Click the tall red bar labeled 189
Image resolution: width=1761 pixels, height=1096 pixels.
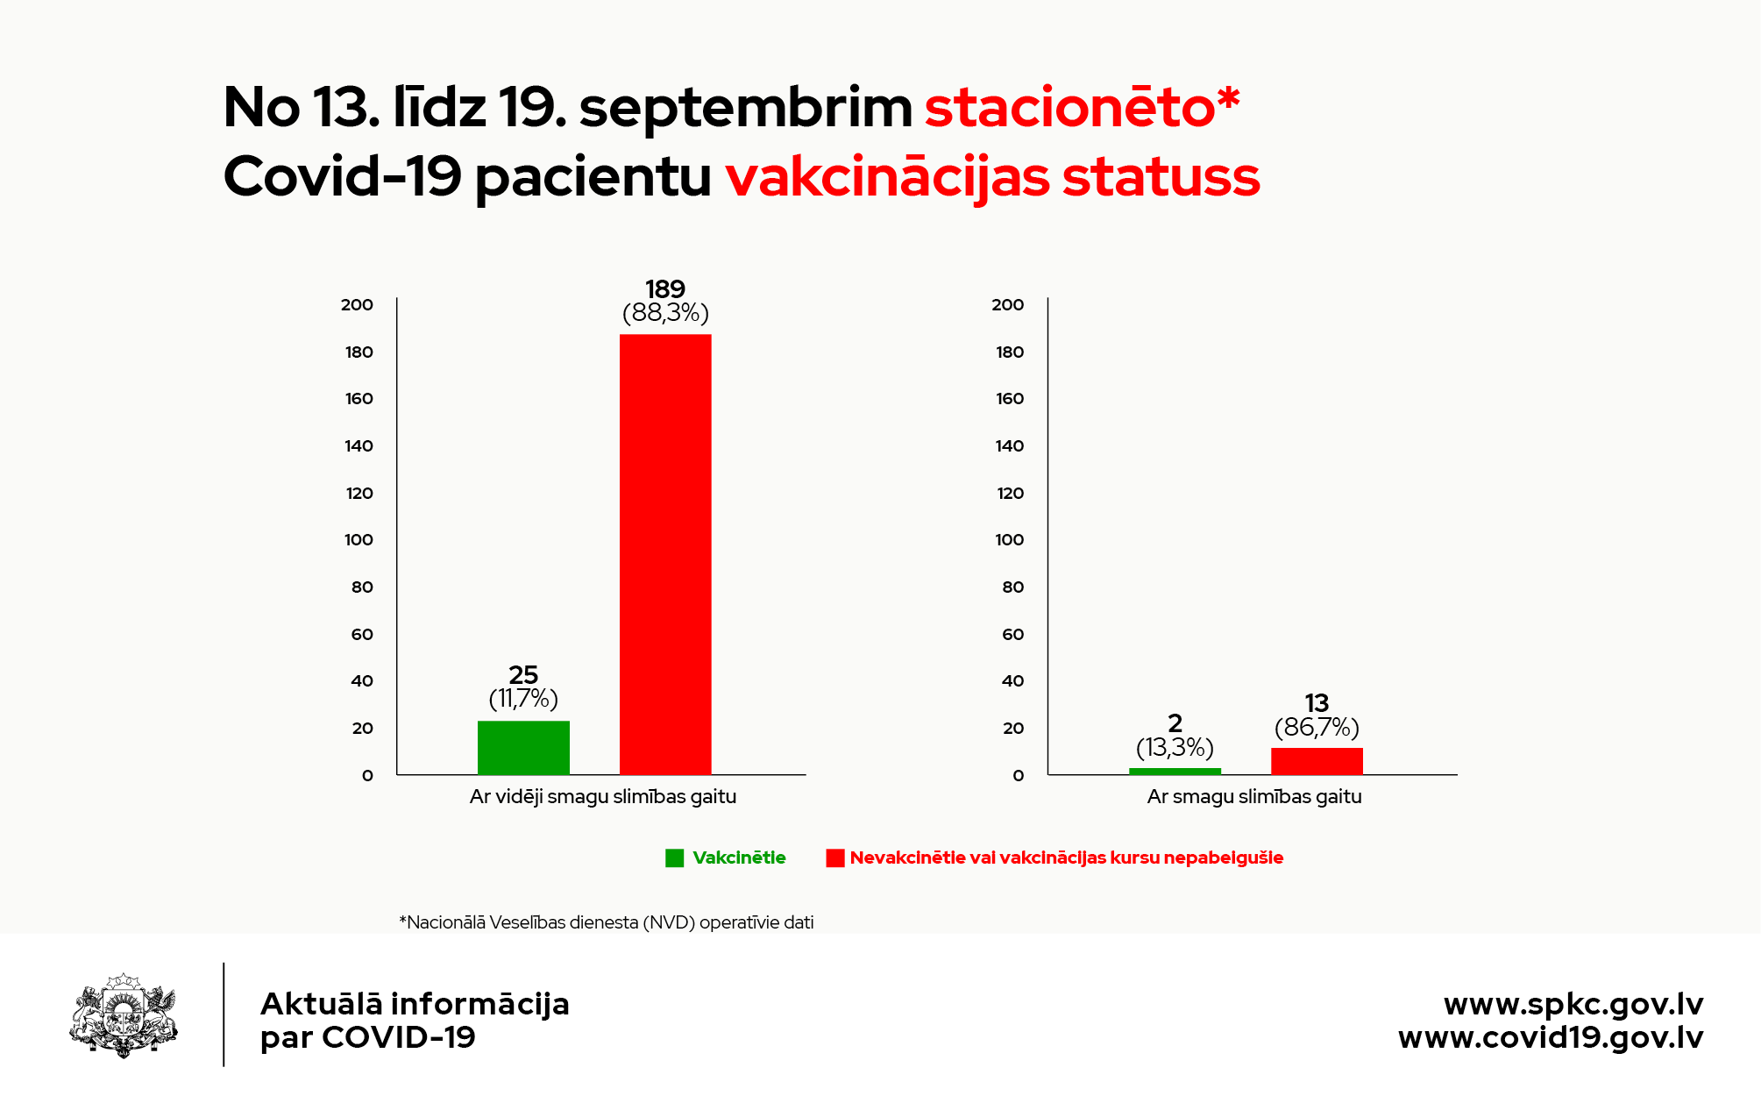(x=665, y=554)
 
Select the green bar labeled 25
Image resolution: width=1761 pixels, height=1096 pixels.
(x=523, y=748)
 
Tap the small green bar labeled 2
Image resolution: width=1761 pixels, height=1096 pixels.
(x=1175, y=772)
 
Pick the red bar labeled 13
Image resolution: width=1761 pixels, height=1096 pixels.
(x=1317, y=761)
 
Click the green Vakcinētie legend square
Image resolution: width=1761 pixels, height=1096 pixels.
(x=674, y=858)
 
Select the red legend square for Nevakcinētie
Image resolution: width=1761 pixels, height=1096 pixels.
(x=834, y=858)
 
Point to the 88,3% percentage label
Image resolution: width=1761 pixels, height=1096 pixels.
(x=665, y=313)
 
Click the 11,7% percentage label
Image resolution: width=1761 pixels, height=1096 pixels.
(x=523, y=699)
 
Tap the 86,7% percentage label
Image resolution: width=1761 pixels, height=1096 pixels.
(x=1317, y=728)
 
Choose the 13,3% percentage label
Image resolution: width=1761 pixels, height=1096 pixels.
(x=1175, y=748)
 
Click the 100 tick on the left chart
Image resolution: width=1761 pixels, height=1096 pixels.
(x=359, y=540)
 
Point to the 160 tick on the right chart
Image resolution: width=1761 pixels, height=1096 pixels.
(x=1010, y=399)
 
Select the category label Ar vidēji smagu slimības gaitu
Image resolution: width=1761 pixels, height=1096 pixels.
(x=603, y=797)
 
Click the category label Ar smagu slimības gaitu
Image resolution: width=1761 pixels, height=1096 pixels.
(x=1254, y=797)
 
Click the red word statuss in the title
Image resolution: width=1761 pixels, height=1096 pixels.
(x=1161, y=177)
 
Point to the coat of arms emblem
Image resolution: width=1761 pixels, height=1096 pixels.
(x=124, y=1015)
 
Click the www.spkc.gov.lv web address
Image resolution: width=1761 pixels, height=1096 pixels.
(x=1573, y=1004)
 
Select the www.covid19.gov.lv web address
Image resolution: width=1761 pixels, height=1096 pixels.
(x=1551, y=1038)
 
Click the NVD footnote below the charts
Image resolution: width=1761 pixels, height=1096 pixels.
(x=607, y=922)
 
